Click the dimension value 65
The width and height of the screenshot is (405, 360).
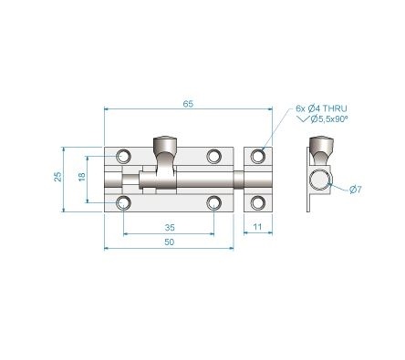pos(188,105)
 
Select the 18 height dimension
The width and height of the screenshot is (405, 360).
pos(81,177)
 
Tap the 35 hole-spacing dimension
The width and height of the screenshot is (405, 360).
pos(170,227)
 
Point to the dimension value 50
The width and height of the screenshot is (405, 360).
pos(170,242)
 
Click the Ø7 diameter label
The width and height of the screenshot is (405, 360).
pos(356,189)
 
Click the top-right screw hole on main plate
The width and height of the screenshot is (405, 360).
pos(214,155)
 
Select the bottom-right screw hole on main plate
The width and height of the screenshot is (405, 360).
pos(214,201)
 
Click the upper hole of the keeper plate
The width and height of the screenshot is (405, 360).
pos(258,156)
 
